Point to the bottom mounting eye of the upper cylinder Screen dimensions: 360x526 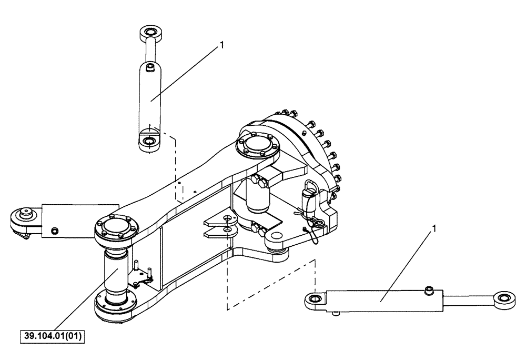click(148, 142)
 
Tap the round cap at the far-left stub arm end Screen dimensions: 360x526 click(24, 215)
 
